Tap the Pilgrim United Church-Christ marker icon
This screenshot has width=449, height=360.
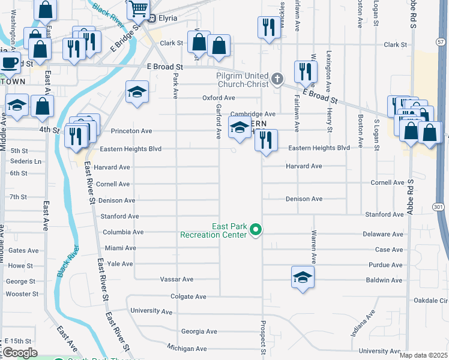tap(277, 78)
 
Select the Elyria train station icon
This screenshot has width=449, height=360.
tap(152, 18)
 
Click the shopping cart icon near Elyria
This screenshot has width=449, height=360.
tap(138, 9)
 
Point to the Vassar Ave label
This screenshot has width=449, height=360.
tap(176, 279)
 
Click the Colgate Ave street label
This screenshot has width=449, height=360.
tap(188, 296)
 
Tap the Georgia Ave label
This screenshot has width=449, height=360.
tap(199, 331)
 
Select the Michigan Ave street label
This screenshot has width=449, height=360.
tap(187, 348)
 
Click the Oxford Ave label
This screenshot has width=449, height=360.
tap(218, 98)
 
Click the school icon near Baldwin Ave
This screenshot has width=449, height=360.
tap(303, 277)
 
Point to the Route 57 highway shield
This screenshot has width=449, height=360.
tap(442, 42)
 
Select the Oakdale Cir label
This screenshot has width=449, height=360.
tap(430, 300)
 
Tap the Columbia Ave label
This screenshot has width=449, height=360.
tap(123, 232)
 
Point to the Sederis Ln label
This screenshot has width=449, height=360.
tap(26, 161)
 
